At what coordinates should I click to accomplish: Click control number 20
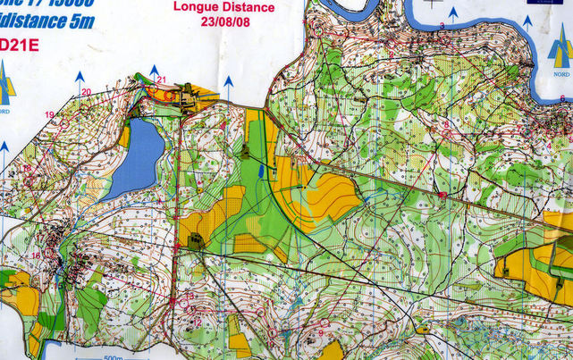86,92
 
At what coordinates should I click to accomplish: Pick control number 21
161,80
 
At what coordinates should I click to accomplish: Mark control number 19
50,114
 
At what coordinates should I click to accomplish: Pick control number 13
190,295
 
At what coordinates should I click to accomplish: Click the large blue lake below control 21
134,161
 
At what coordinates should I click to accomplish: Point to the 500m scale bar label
113,357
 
